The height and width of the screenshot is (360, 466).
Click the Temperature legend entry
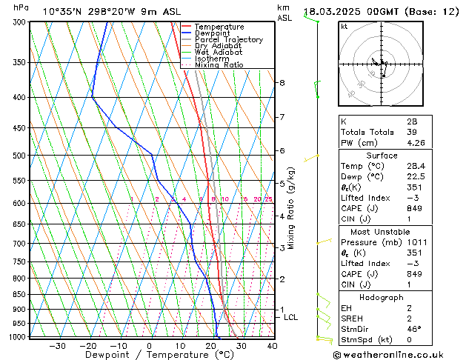tap(219, 27)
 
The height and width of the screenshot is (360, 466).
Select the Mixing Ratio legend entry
tap(219, 65)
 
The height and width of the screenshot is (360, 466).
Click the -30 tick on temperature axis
tap(57, 346)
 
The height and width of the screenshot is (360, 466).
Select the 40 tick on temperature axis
tap(272, 346)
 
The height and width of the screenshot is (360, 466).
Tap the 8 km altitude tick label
tap(282, 83)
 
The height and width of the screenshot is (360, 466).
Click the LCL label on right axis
tap(291, 317)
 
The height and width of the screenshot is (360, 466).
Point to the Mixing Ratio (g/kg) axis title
tap(292, 208)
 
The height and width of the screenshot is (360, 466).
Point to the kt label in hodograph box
tap(344, 27)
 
